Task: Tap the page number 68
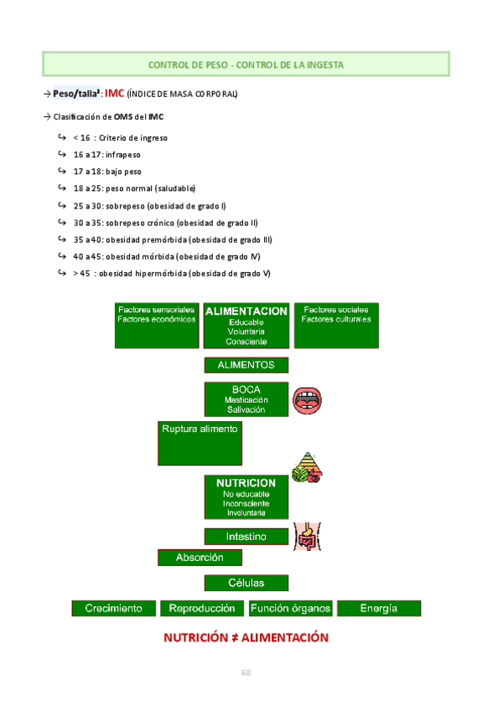tap(246, 672)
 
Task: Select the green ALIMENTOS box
tap(246, 365)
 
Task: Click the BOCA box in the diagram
tap(246, 399)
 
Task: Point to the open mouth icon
tap(308, 401)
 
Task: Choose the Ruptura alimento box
tap(200, 443)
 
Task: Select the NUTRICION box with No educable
tap(246, 497)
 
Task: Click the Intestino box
tap(246, 536)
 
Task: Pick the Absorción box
tap(200, 558)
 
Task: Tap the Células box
tap(246, 583)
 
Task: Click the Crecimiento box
tap(114, 609)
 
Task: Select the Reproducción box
tap(202, 609)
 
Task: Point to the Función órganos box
tap(291, 609)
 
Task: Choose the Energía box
tap(379, 609)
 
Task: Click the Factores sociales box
tap(336, 325)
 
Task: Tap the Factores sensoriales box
tap(157, 325)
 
